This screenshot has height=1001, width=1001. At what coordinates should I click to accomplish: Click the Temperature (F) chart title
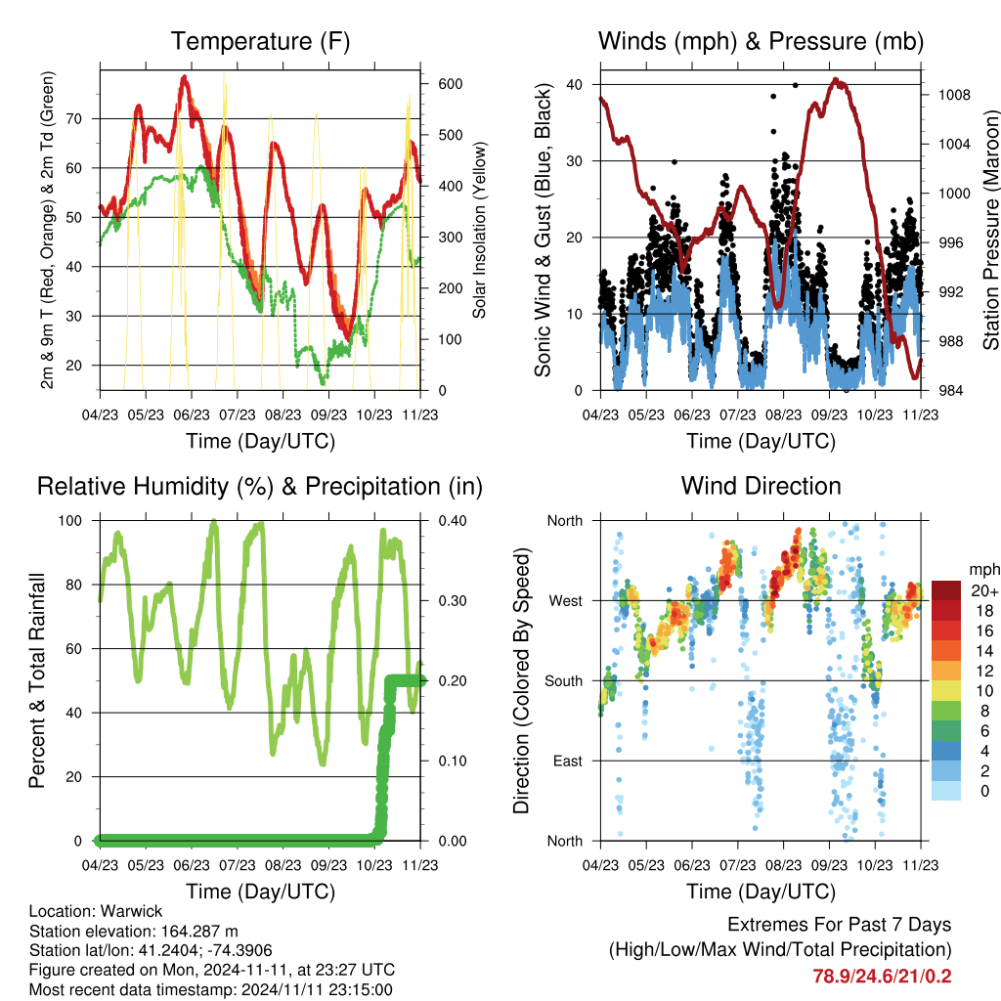tap(260, 41)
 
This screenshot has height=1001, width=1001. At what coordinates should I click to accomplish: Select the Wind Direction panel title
tap(761, 486)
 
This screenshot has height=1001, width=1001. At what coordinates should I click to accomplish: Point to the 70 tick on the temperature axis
tap(74, 118)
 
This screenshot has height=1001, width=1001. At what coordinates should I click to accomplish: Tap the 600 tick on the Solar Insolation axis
tap(450, 84)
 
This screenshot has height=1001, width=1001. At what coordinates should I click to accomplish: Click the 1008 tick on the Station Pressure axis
tap(954, 95)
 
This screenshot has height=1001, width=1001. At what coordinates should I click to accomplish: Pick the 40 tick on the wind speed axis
tap(574, 84)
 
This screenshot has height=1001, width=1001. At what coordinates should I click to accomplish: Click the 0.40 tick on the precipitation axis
tap(453, 521)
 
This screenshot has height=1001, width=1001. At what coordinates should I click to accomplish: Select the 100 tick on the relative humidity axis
tap(70, 521)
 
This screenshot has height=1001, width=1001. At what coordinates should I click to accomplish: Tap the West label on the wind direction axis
tap(566, 601)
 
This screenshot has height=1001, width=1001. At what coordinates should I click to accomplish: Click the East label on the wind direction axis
tap(568, 761)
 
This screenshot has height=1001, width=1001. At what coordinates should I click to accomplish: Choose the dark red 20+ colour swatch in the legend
tap(945, 590)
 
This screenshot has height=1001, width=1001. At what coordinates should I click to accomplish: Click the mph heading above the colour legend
tap(983, 570)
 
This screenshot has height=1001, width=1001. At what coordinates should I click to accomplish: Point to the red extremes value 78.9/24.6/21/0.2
tap(882, 977)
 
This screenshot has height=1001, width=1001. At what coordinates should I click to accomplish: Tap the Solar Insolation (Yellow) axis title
tap(479, 230)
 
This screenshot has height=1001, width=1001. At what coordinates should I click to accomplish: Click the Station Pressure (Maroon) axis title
tap(990, 230)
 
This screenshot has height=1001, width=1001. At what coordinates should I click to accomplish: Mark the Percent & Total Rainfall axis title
tap(37, 680)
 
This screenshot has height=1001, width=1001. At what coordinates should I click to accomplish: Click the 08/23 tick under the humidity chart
tap(283, 865)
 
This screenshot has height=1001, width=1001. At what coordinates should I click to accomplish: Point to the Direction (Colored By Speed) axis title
tap(521, 680)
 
